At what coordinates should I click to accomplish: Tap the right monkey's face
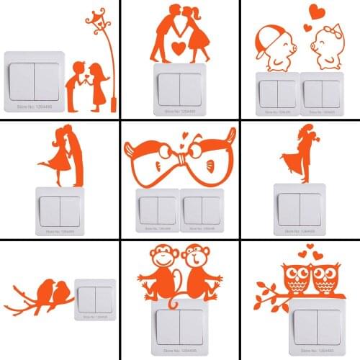(193, 257)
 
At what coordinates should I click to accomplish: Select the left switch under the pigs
(277, 94)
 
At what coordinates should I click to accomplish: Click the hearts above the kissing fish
(184, 136)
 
